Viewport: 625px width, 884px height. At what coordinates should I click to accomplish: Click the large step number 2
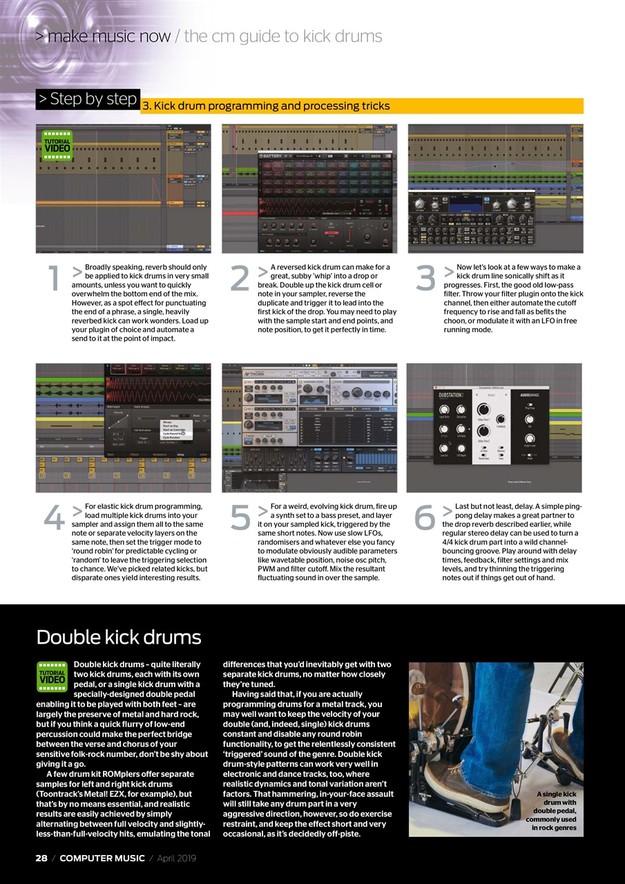point(239,278)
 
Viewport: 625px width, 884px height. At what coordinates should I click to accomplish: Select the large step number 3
point(426,278)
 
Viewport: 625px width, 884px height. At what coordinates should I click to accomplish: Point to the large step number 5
point(240,519)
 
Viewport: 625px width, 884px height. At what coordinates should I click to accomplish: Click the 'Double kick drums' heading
point(118,636)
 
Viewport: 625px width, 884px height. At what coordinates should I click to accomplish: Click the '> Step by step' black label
point(88,99)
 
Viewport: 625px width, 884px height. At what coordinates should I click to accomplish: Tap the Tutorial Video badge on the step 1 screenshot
point(57,146)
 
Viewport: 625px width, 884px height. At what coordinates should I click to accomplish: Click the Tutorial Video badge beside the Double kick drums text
point(52,676)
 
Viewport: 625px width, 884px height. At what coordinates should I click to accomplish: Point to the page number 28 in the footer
point(41,858)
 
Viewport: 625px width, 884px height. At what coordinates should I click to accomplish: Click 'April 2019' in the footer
point(176,858)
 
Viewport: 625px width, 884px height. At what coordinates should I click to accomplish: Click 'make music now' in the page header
point(108,37)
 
